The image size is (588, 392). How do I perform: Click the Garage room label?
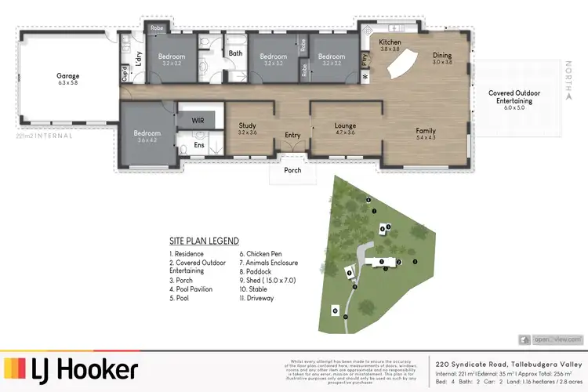[x=67, y=76]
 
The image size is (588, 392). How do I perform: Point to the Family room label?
[x=426, y=131]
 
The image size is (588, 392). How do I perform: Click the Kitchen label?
[x=390, y=42]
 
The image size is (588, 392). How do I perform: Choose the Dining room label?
[x=443, y=56]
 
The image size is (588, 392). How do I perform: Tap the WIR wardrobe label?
[x=198, y=121]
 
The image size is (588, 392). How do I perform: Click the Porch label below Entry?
[x=292, y=169]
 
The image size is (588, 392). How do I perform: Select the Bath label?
[x=235, y=53]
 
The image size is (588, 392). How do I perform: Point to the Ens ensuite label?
[x=198, y=145]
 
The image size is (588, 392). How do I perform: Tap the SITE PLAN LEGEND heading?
[x=204, y=241]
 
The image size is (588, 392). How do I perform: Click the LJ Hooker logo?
[x=72, y=368]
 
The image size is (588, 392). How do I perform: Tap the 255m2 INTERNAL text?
[x=44, y=136]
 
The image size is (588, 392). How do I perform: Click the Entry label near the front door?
[x=292, y=135]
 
